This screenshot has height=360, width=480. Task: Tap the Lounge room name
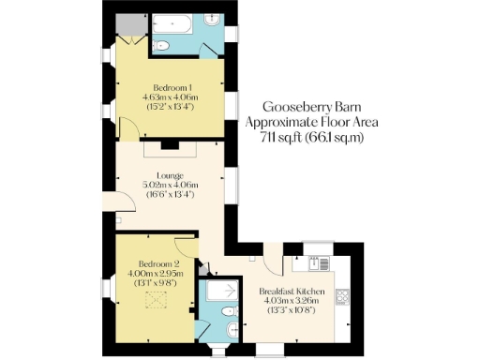click(x=169, y=175)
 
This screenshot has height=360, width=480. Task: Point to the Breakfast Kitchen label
click(x=292, y=292)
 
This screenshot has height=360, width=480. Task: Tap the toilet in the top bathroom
click(x=160, y=45)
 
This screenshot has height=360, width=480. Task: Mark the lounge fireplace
click(x=170, y=145)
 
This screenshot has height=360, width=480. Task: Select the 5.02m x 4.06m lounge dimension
click(x=169, y=185)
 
